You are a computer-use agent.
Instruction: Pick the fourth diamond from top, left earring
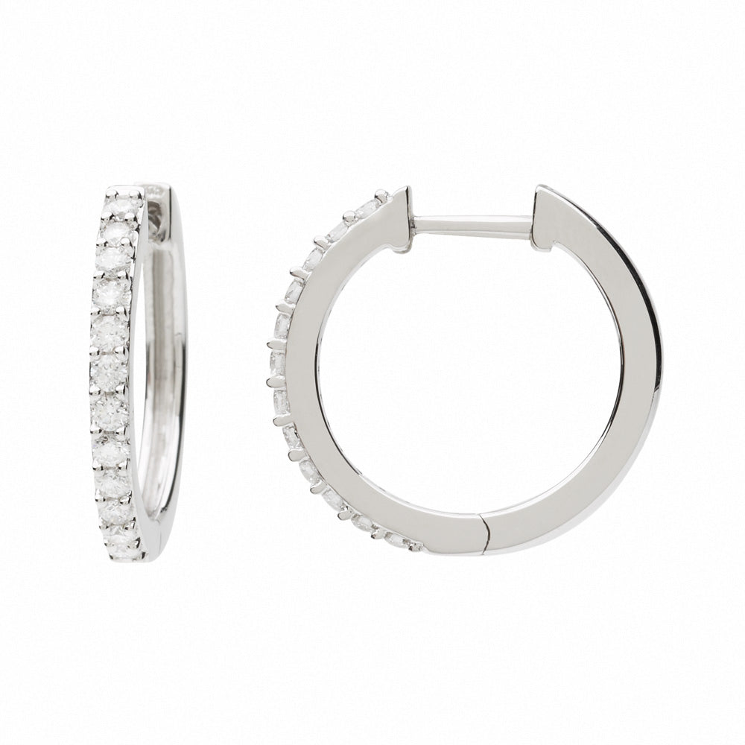112,292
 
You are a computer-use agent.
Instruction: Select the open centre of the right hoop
469,372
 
